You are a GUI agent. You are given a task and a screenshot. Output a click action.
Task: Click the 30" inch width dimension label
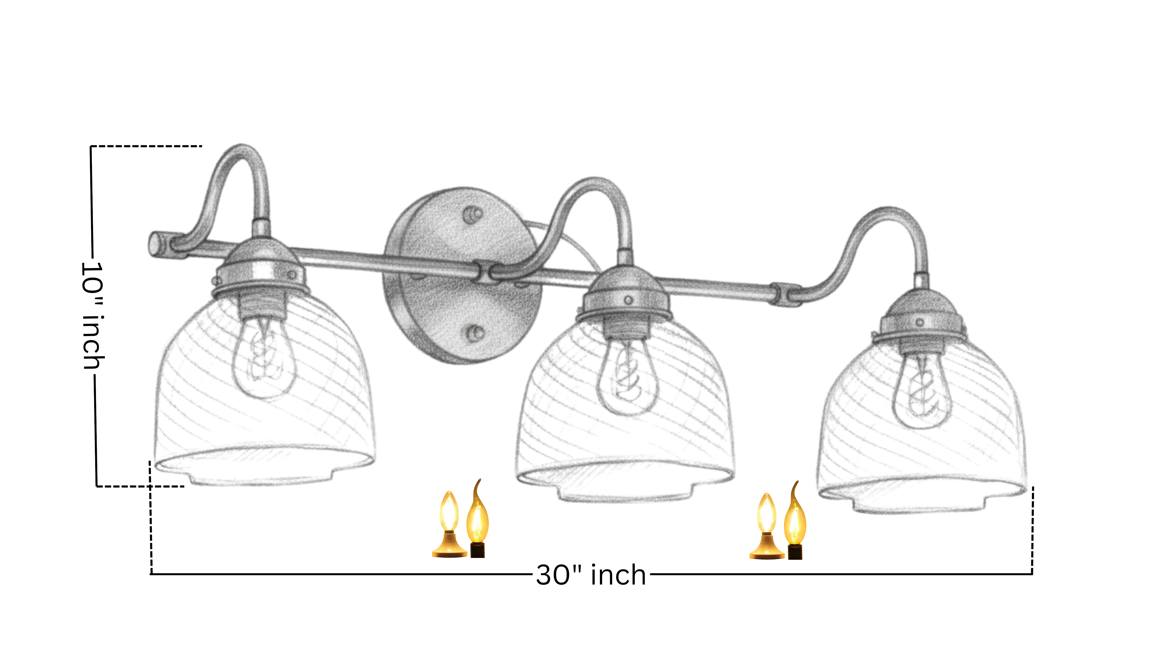click(591, 575)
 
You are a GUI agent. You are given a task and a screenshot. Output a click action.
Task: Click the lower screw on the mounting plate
click(476, 333)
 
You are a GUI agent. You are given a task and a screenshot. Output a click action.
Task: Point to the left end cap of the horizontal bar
click(156, 245)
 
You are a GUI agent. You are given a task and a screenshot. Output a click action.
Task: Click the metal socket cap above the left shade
click(261, 267)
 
